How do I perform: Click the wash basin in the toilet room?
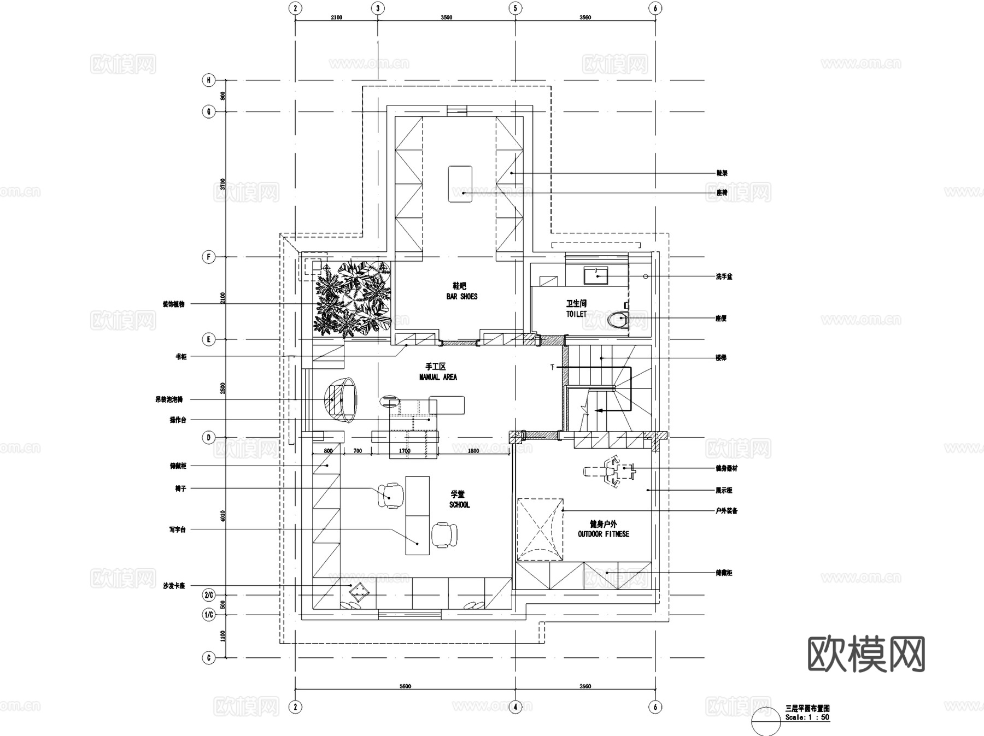pyautogui.click(x=596, y=275)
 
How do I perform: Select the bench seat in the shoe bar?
pyautogui.click(x=460, y=184)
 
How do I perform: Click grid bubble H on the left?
pyautogui.click(x=209, y=80)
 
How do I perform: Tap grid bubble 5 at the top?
pyautogui.click(x=515, y=8)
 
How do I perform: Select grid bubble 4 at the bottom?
pyautogui.click(x=515, y=707)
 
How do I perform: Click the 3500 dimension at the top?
pyautogui.click(x=446, y=17)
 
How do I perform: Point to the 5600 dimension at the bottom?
pyautogui.click(x=405, y=686)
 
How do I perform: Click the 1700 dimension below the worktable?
pyautogui.click(x=405, y=451)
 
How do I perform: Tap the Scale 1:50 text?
pyautogui.click(x=807, y=717)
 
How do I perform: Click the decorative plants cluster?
pyautogui.click(x=353, y=298)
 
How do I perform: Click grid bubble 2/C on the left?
pyautogui.click(x=209, y=594)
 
